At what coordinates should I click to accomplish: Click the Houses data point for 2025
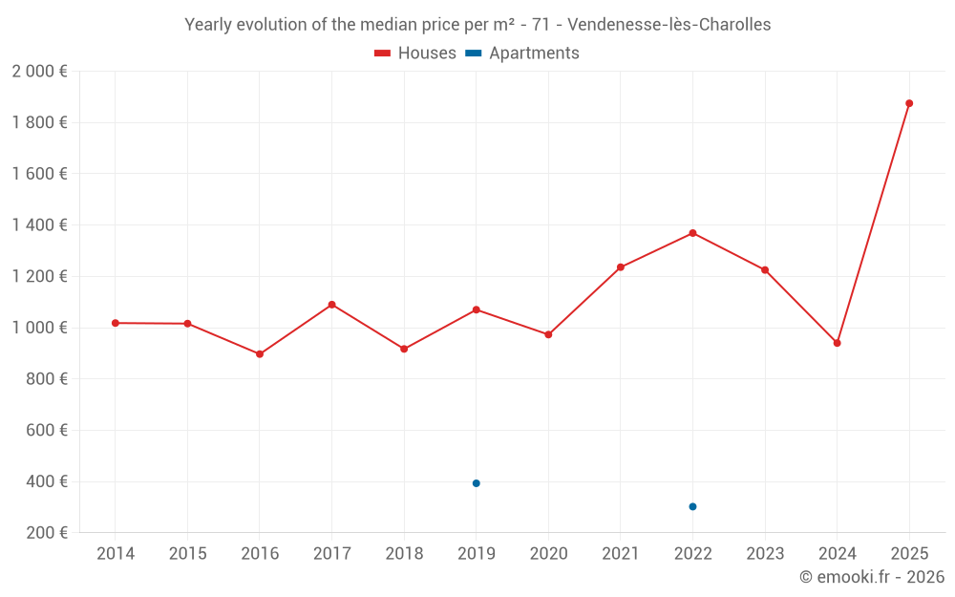tap(909, 103)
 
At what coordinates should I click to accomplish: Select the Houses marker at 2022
tap(692, 233)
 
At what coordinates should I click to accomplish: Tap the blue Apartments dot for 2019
tap(476, 483)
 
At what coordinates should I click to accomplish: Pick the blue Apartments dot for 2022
tap(692, 506)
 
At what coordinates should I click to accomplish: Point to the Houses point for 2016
tap(260, 354)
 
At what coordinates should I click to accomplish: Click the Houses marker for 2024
tap(837, 343)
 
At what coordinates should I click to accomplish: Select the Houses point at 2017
tap(331, 305)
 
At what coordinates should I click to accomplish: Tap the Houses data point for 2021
tap(621, 267)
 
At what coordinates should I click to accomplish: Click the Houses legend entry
tap(415, 53)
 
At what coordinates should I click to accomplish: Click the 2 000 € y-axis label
tap(39, 72)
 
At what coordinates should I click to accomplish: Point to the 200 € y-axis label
tap(44, 533)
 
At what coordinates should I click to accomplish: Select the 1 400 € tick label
tap(39, 225)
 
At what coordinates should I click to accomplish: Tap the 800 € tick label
tap(44, 379)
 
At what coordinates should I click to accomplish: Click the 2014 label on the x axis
tap(116, 554)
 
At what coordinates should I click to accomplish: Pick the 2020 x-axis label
tap(548, 554)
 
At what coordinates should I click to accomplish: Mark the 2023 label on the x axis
tap(765, 554)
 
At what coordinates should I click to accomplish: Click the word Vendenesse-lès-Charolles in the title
tap(668, 25)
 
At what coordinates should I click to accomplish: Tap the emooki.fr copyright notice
tap(872, 577)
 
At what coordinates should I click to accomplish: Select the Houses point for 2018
tap(404, 349)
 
